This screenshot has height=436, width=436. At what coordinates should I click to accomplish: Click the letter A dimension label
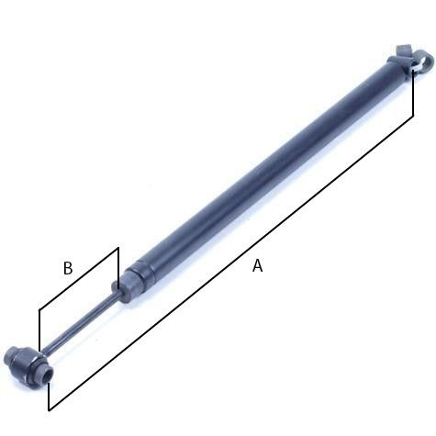[258, 265]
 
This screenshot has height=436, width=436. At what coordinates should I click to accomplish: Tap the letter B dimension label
[68, 268]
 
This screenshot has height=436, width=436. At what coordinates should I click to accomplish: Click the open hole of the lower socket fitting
[48, 375]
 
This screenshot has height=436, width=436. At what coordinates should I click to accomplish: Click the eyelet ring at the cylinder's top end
[424, 61]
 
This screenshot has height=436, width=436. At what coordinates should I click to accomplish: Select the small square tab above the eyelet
[402, 50]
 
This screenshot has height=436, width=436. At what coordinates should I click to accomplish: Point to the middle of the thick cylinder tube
[269, 165]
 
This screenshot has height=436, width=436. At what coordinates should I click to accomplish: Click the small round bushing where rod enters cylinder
[115, 288]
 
